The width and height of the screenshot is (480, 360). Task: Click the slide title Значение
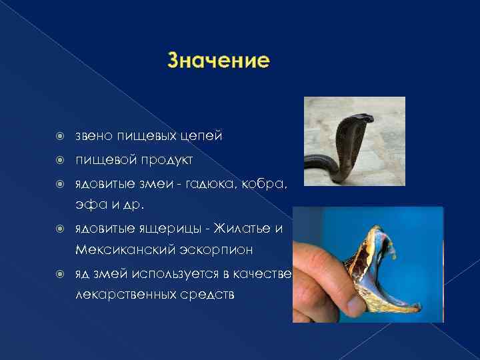point(219,61)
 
